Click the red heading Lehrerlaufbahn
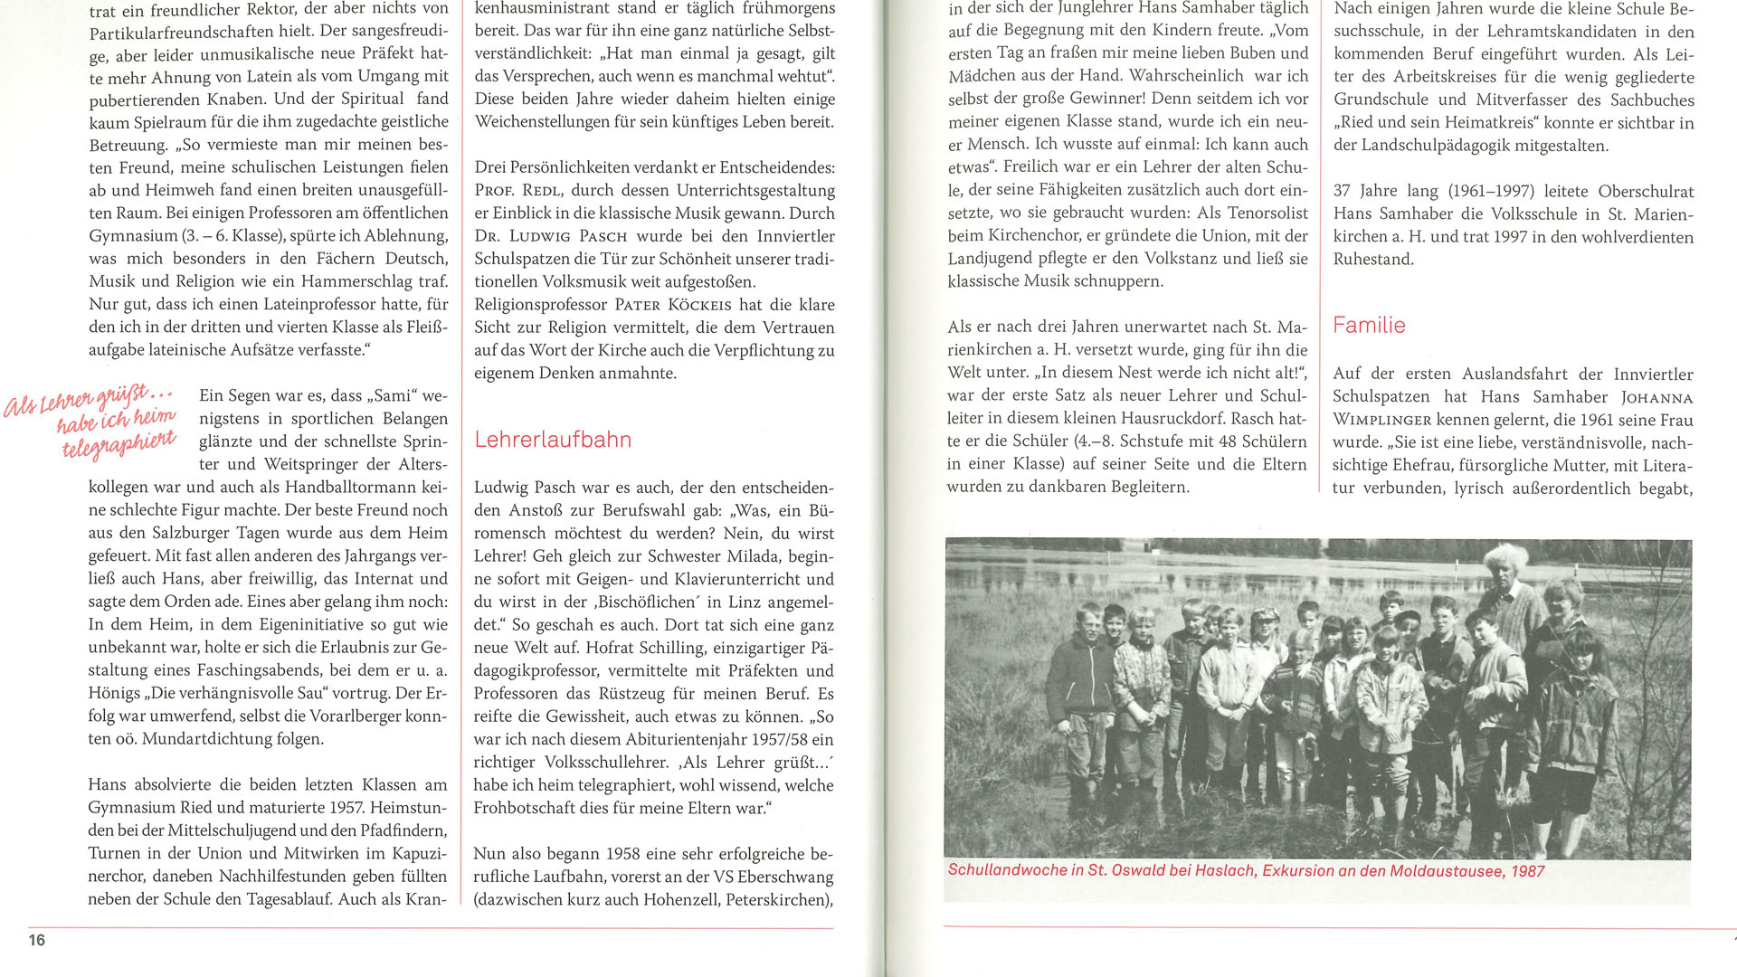tap(553, 440)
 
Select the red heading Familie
tap(1369, 326)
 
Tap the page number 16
tap(37, 940)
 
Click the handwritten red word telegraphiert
tap(119, 442)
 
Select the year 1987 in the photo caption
tap(1528, 871)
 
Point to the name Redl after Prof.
tap(543, 191)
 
